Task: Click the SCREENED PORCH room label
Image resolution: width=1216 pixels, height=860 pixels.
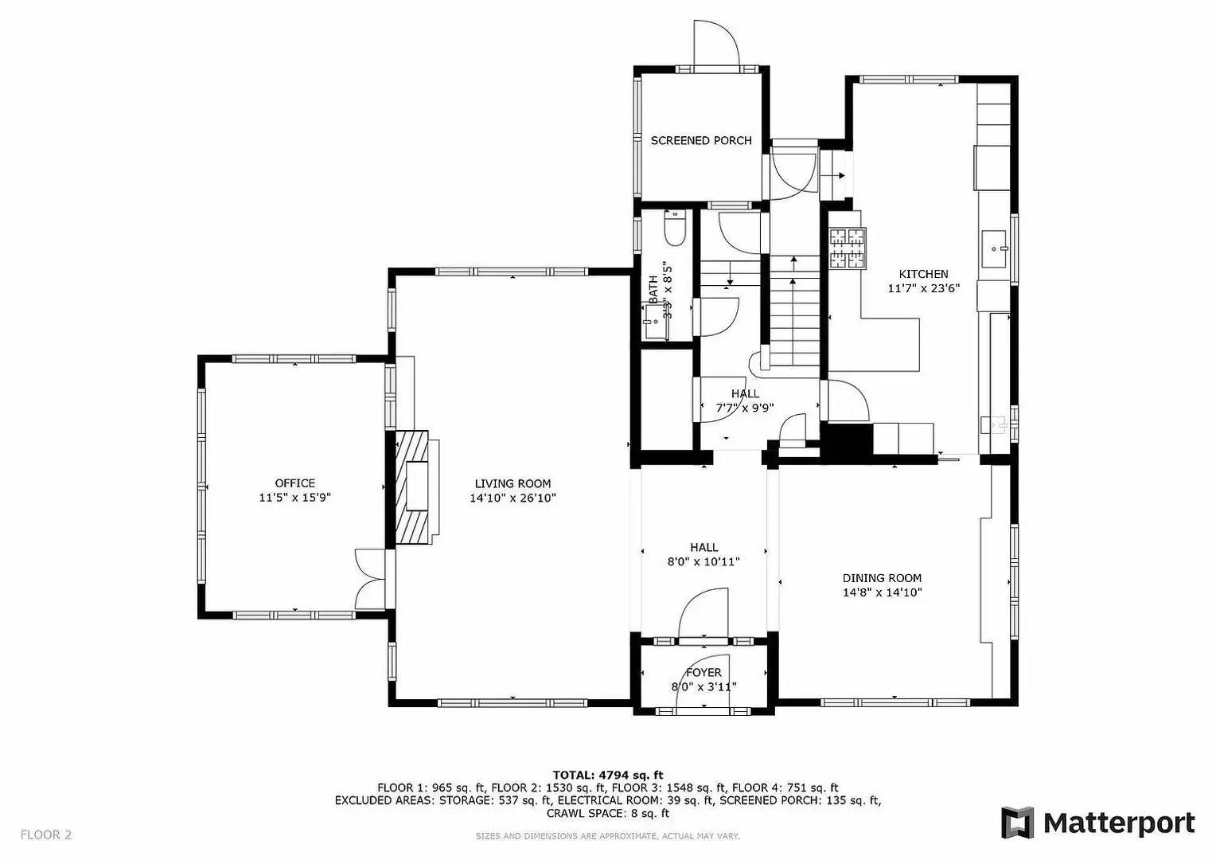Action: click(x=700, y=141)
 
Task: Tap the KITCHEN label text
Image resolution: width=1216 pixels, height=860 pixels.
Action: click(x=923, y=274)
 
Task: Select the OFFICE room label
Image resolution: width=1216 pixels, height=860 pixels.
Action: click(x=294, y=483)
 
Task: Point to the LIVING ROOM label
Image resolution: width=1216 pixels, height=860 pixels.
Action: click(x=513, y=483)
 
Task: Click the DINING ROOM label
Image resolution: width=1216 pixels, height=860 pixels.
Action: click(x=882, y=578)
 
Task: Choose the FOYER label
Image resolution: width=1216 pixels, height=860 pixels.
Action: click(x=703, y=673)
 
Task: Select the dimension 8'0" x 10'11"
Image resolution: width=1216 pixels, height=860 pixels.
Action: click(x=703, y=562)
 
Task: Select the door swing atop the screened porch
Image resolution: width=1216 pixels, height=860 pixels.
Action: click(x=716, y=43)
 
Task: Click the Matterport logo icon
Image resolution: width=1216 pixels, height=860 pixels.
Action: click(x=1017, y=823)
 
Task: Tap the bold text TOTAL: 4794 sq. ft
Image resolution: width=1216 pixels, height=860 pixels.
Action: click(x=607, y=775)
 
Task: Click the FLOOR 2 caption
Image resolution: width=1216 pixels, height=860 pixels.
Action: click(x=46, y=835)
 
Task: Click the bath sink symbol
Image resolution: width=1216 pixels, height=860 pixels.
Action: click(x=655, y=322)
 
